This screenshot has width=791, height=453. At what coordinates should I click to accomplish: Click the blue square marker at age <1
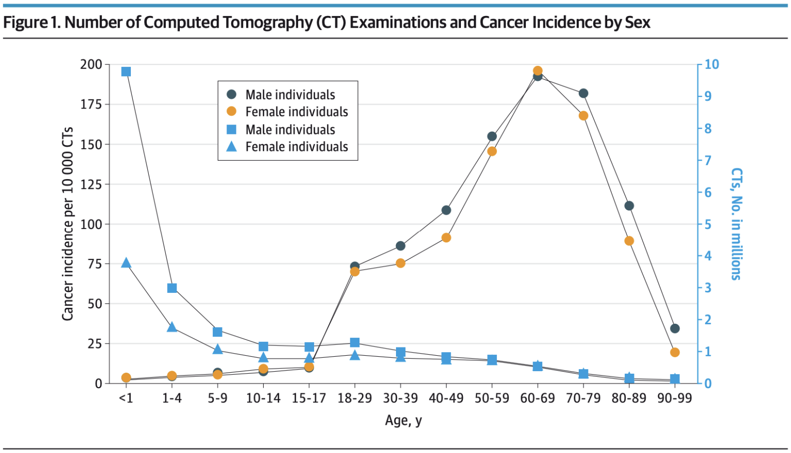pyautogui.click(x=126, y=72)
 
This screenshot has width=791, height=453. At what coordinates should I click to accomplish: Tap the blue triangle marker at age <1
pyautogui.click(x=126, y=263)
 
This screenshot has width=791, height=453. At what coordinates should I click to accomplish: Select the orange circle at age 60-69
pyautogui.click(x=538, y=71)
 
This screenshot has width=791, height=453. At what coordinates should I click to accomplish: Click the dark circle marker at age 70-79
pyautogui.click(x=583, y=94)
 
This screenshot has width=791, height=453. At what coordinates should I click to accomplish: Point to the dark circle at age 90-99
pyautogui.click(x=675, y=328)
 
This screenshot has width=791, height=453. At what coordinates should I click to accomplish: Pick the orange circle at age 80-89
pyautogui.click(x=629, y=241)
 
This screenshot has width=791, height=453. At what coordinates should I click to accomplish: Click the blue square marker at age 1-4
pyautogui.click(x=172, y=288)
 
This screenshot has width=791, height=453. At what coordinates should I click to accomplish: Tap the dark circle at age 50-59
pyautogui.click(x=492, y=136)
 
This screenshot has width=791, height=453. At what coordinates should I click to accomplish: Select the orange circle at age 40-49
pyautogui.click(x=446, y=238)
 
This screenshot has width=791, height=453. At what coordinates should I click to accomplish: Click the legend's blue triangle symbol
pyautogui.click(x=232, y=147)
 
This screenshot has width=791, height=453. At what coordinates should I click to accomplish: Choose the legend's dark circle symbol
pyautogui.click(x=232, y=95)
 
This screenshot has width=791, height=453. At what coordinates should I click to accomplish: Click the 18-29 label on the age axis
pyautogui.click(x=354, y=398)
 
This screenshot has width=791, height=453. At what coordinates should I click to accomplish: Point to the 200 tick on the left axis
pyautogui.click(x=91, y=64)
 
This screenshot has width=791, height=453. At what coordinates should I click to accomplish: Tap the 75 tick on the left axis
pyautogui.click(x=95, y=264)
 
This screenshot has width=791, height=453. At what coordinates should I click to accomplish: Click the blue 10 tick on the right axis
pyautogui.click(x=712, y=64)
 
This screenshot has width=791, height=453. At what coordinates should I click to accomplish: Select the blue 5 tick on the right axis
pyautogui.click(x=708, y=224)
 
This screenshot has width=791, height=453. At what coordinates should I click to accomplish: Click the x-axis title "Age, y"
pyautogui.click(x=403, y=421)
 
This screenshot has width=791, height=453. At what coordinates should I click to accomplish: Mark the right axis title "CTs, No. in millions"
pyautogui.click(x=736, y=224)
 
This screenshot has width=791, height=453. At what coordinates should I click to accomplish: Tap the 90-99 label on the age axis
pyautogui.click(x=675, y=398)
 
